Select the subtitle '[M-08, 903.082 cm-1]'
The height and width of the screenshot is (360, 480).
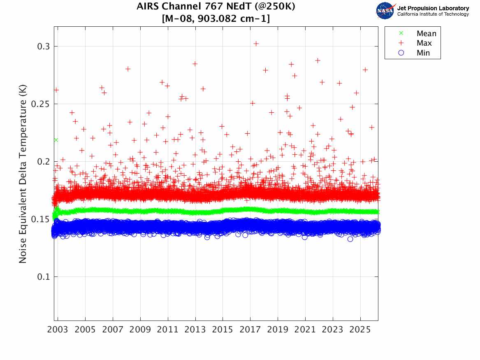point(216,19)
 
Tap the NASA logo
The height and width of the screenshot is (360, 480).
point(385,10)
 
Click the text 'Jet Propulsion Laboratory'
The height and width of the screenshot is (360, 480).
point(433,8)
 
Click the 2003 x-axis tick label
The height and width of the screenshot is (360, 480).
point(58,330)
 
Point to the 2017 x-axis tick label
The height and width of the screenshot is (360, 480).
point(250,330)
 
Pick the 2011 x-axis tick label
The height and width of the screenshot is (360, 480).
point(168,330)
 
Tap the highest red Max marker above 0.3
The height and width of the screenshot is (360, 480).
point(256,43)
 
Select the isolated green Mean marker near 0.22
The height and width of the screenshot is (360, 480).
point(56,140)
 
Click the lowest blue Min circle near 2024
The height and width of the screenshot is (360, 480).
point(350,239)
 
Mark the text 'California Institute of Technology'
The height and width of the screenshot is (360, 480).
point(433,14)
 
